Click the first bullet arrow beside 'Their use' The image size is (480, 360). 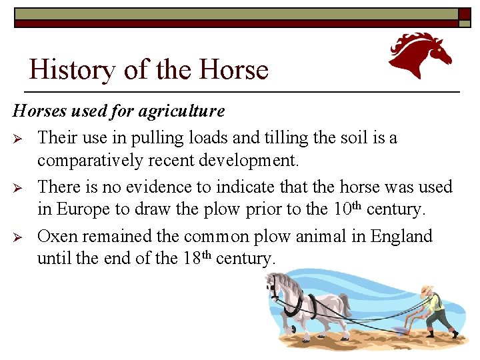19,139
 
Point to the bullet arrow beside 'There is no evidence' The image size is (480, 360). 19,188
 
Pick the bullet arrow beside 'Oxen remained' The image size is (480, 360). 19,237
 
